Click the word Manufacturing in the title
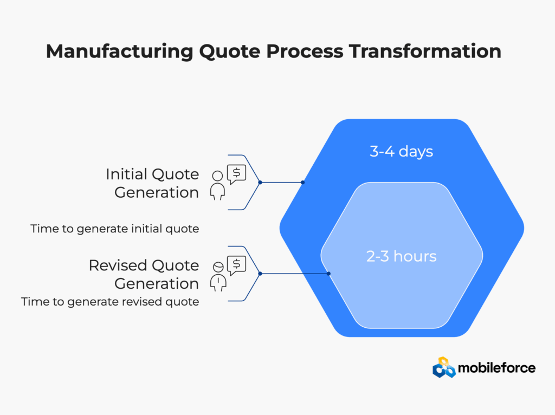[x=120, y=52]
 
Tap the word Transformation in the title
[x=425, y=51]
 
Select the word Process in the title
[x=305, y=51]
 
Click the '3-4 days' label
[x=401, y=151]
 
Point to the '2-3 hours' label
[x=401, y=256]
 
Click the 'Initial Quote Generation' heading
[x=152, y=183]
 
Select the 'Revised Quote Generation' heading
[x=144, y=275]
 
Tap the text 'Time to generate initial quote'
[x=115, y=229]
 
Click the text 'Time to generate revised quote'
[x=110, y=302]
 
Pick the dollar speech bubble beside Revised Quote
[x=236, y=265]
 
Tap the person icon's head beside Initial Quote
[x=217, y=176]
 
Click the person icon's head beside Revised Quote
[x=218, y=267]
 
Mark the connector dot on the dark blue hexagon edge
[x=302, y=183]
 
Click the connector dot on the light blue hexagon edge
[x=328, y=274]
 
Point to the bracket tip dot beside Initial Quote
[x=260, y=183]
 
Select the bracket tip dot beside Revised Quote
[x=260, y=274]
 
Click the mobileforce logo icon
[x=444, y=367]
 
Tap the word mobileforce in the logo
[x=496, y=368]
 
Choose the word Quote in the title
[x=230, y=52]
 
